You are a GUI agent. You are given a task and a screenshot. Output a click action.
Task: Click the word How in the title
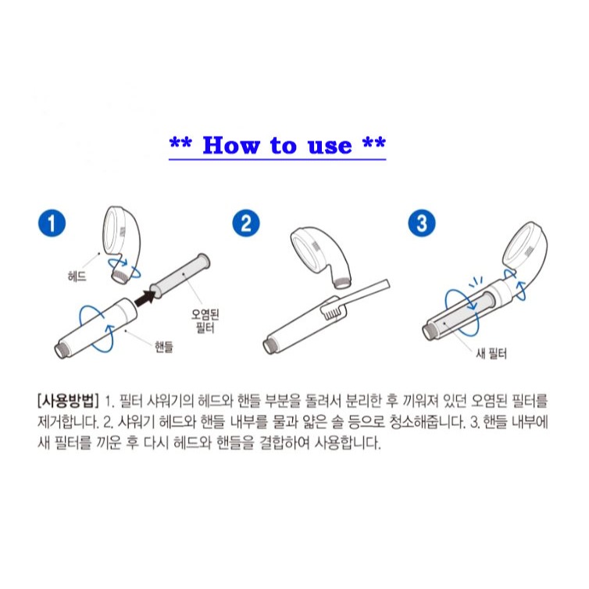point(231,145)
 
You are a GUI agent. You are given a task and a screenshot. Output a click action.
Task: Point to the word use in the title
point(330,147)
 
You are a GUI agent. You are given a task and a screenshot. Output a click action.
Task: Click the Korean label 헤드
point(77,277)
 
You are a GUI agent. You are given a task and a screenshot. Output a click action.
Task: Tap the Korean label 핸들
point(164,346)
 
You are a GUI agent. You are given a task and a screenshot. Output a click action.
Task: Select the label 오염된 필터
point(205,321)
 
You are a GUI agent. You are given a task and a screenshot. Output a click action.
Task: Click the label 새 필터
point(491,353)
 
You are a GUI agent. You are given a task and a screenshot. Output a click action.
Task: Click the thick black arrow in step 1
point(145,298)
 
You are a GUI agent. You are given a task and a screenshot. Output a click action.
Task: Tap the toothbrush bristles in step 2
point(331,311)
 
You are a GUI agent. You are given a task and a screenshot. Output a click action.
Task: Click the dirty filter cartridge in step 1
point(180,275)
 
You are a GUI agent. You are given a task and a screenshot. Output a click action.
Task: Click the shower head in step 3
point(525,250)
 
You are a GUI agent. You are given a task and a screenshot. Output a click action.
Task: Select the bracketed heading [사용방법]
point(68,401)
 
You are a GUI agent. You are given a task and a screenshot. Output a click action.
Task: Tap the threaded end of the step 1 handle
point(62,350)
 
